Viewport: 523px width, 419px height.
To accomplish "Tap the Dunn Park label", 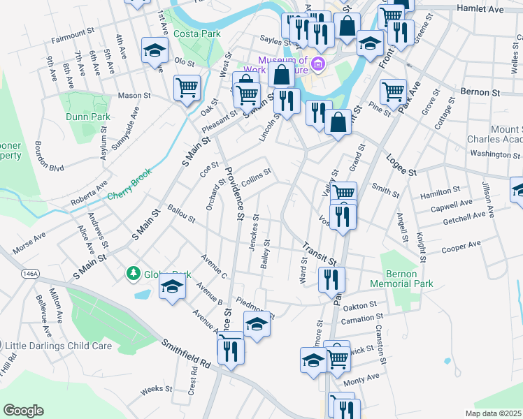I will point(85,117).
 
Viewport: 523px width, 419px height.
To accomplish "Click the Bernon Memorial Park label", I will point(408,279).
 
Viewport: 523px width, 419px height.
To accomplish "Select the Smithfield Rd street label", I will point(187,354).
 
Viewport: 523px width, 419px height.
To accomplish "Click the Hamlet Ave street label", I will point(480,10).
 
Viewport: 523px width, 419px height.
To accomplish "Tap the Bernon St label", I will point(482,91).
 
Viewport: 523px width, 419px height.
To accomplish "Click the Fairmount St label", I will point(73,32).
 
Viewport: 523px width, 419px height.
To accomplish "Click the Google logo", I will point(23,411).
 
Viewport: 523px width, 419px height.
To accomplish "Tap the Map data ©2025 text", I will point(493,413).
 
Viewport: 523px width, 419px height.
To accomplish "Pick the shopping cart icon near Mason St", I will point(187,87).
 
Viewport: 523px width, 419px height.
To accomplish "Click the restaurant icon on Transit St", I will point(331,279).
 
